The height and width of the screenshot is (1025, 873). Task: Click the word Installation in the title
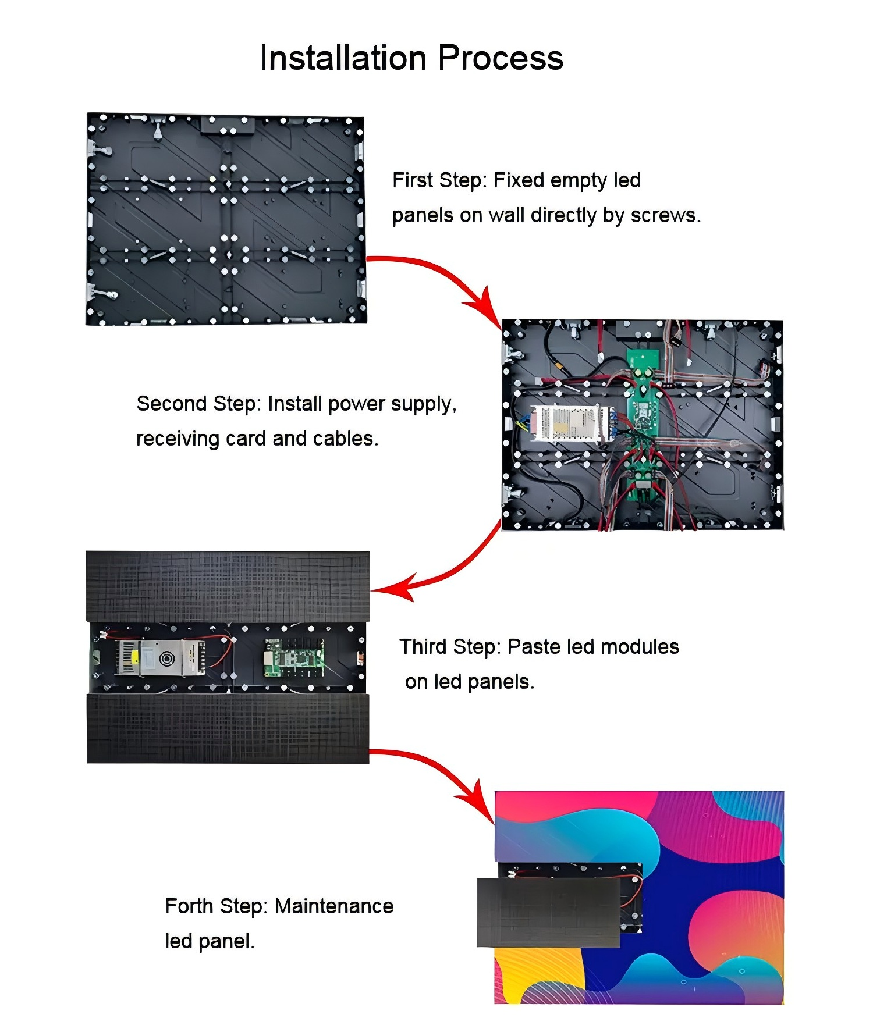click(x=343, y=58)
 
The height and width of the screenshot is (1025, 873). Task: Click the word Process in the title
click(x=501, y=58)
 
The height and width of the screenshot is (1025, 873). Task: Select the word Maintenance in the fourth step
click(x=334, y=906)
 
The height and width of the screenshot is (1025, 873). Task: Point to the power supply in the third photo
click(x=160, y=658)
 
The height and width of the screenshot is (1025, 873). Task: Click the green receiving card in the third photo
click(x=294, y=658)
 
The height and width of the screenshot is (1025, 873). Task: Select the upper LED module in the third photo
click(x=228, y=586)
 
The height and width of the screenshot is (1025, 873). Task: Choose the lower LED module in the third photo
click(x=228, y=728)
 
